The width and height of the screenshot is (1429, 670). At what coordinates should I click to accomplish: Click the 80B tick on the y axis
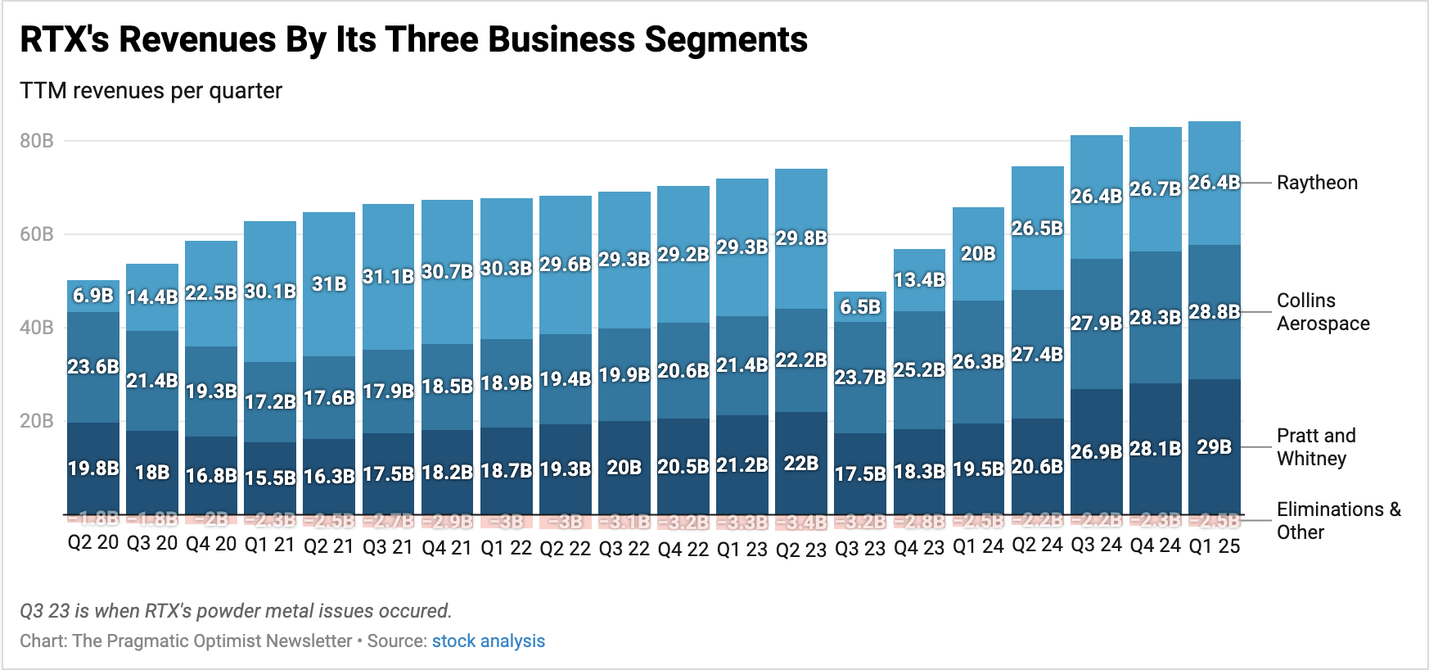coord(37,141)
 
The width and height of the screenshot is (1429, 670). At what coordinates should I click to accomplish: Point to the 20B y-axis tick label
coord(37,421)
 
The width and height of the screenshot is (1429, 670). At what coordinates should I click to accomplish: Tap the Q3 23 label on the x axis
coord(860,549)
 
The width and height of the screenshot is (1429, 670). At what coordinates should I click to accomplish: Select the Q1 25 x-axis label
coord(1215,546)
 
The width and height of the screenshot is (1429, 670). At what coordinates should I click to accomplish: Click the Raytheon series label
coord(1317,183)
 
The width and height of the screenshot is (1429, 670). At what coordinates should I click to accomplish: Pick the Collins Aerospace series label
coord(1323,312)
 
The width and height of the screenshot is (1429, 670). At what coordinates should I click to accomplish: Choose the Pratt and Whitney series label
coord(1316,447)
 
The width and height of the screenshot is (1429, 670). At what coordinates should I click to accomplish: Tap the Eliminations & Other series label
coord(1338,521)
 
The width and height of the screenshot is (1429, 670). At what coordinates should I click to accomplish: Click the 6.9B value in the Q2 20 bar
coord(93,296)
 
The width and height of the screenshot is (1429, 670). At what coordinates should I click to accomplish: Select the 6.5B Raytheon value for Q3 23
coord(860,307)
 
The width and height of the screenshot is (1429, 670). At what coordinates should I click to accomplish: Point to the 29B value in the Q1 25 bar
coord(1214,447)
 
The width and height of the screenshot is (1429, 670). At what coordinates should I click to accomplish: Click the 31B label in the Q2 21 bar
coord(329,284)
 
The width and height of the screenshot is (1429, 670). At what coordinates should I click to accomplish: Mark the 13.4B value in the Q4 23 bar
coord(919,280)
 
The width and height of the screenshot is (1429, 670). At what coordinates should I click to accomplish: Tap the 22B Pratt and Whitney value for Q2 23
coord(800,464)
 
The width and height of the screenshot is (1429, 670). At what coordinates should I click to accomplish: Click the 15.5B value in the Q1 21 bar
coord(270,478)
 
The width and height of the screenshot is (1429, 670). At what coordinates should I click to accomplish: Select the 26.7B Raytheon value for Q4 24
coord(1155,189)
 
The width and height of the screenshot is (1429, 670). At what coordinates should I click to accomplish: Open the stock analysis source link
coord(488,641)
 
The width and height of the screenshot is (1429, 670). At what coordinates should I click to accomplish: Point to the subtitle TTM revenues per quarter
coord(151,91)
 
